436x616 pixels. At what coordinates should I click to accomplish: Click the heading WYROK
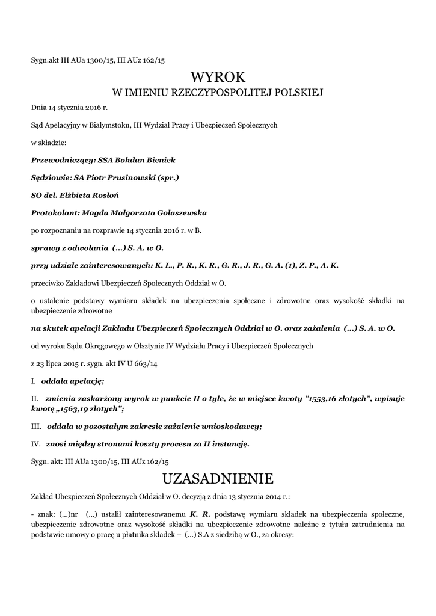tap(218, 76)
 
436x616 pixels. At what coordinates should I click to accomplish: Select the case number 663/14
tap(138, 364)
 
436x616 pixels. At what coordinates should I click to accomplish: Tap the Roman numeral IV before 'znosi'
tap(35, 445)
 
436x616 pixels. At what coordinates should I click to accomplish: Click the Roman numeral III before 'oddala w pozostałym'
tap(35, 427)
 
